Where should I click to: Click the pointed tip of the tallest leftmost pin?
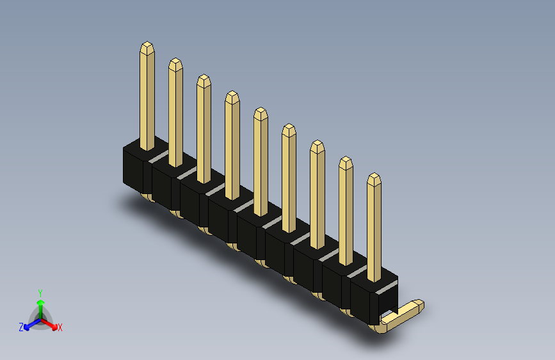(147, 42)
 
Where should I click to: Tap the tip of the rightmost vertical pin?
(374, 174)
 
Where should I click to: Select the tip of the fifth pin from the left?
(261, 108)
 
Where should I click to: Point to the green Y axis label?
(40, 293)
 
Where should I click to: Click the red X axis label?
(60, 327)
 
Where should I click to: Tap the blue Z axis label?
(21, 327)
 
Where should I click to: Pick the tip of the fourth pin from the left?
(232, 92)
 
